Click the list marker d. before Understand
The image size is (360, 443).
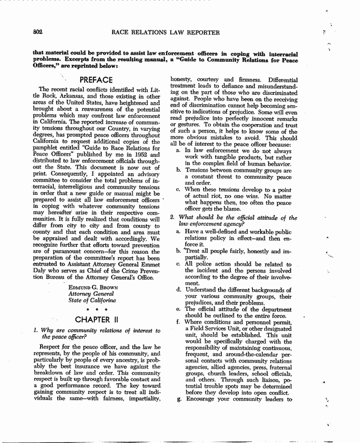tap(178, 290)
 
